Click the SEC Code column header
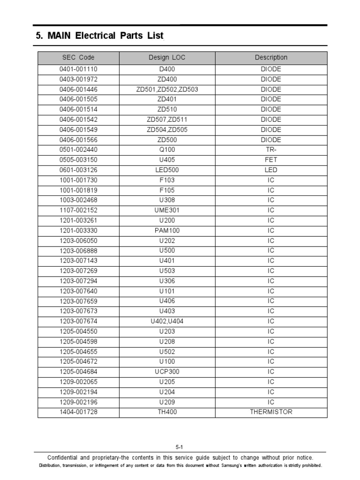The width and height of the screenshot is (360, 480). click(78, 58)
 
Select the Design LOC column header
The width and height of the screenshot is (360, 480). click(167, 58)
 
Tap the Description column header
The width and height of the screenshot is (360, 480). click(271, 58)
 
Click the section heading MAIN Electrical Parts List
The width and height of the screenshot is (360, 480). click(99, 36)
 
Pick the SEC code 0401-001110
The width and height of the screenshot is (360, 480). click(78, 69)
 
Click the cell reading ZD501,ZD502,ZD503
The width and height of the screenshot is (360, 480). click(167, 90)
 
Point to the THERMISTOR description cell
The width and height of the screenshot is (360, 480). click(271, 412)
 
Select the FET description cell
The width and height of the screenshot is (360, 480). click(271, 160)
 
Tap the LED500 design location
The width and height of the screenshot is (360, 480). click(167, 170)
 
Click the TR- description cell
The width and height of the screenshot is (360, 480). click(271, 150)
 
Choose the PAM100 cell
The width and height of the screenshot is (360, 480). click(167, 231)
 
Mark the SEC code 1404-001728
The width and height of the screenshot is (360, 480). click(78, 412)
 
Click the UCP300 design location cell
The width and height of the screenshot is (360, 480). click(167, 372)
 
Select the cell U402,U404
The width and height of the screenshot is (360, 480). click(167, 322)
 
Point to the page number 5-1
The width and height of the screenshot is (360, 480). click(180, 447)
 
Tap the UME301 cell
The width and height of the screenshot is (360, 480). click(167, 210)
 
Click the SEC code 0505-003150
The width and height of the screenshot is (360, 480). click(78, 160)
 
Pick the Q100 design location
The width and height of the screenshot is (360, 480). click(167, 150)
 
